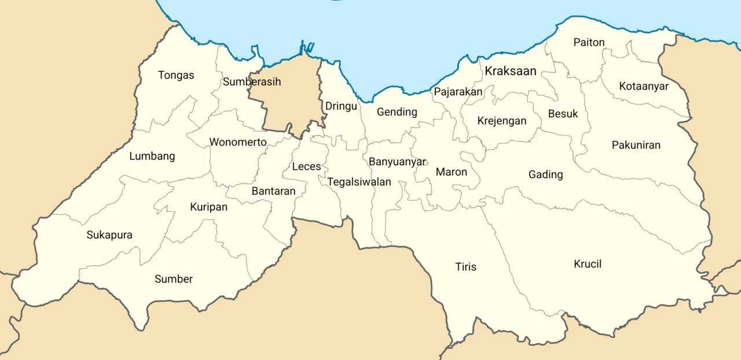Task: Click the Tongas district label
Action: [176, 75]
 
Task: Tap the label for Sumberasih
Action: [252, 82]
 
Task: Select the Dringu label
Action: [341, 106]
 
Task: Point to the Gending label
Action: [397, 112]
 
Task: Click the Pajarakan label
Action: [458, 91]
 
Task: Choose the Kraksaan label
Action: [511, 71]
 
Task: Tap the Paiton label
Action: [589, 42]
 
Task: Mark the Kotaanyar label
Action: [644, 86]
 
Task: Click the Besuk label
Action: [563, 114]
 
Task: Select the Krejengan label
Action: [502, 121]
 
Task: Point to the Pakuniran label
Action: [636, 145]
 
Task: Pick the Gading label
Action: [545, 174]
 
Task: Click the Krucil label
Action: [588, 264]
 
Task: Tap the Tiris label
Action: [465, 267]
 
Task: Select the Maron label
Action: [452, 172]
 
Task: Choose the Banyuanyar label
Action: [397, 161]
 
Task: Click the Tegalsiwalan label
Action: [359, 182]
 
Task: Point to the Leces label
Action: [306, 167]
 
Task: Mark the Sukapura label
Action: [109, 235]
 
